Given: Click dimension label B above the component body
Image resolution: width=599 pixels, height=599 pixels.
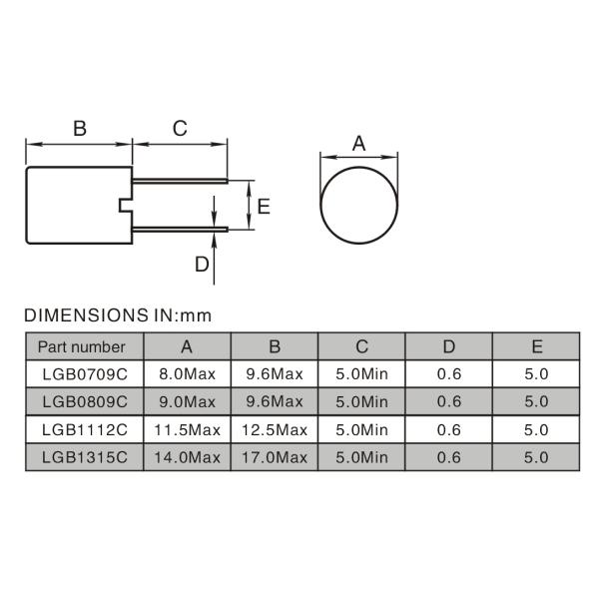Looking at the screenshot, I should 80,128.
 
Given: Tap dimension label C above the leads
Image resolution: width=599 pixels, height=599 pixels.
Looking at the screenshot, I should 180,128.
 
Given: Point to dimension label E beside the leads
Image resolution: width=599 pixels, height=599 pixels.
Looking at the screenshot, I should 264,207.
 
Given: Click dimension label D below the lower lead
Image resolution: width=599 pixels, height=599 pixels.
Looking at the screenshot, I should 202,264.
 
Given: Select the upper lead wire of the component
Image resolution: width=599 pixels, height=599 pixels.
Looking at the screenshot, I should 180,182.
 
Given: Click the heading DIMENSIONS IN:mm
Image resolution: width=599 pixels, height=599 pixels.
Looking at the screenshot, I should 119,315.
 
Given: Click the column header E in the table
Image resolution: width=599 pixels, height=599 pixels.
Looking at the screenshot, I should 537,347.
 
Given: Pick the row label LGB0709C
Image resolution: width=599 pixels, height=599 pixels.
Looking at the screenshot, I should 84,374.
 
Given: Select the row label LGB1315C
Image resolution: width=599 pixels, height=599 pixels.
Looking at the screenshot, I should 84,457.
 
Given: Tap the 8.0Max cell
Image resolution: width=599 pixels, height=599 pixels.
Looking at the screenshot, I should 187,374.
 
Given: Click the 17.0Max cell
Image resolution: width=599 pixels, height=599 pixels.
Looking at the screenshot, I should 274,457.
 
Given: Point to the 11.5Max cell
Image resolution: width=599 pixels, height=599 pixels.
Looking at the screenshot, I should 187,429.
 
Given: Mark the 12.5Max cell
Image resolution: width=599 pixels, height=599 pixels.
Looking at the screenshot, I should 274,429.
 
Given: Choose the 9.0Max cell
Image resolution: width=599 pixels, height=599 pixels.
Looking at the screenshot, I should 187,401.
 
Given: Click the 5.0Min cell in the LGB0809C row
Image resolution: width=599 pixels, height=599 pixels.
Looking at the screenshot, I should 361,401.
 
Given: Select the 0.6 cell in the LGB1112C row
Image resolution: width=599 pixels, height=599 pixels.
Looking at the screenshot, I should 449,429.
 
